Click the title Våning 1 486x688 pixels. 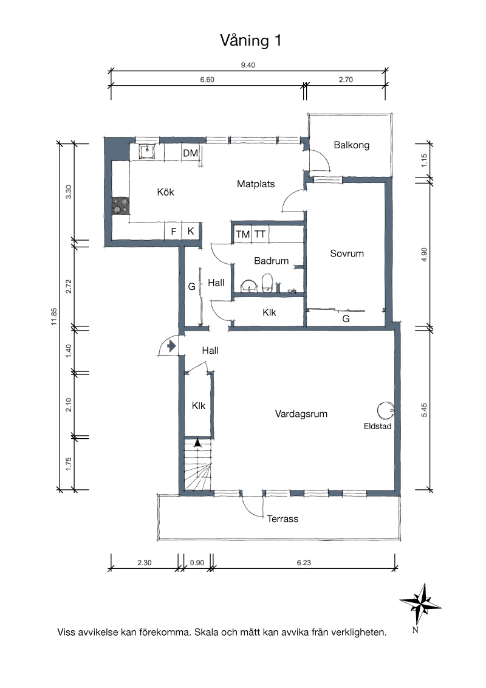(250, 40)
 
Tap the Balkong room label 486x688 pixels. (351, 145)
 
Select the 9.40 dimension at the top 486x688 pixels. (248, 65)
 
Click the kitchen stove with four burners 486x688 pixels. (120, 206)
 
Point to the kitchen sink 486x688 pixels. (148, 152)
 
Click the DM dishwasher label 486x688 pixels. (190, 153)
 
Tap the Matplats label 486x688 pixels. (256, 184)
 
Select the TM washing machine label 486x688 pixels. (242, 235)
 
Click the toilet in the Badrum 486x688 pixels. (267, 283)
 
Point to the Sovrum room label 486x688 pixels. (347, 253)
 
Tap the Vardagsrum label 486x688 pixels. (301, 414)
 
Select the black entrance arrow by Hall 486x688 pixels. (171, 346)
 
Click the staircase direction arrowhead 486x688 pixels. (198, 442)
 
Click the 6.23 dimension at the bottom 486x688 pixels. (304, 563)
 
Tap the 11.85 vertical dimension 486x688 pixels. (54, 317)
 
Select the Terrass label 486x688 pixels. (282, 519)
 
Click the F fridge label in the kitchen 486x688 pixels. (174, 231)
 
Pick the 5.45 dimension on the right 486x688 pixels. (424, 410)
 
